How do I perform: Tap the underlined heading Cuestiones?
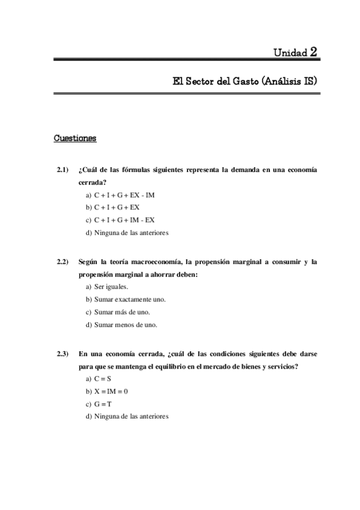coord(75,139)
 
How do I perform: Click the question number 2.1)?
coord(63,171)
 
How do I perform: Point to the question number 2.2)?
coord(63,262)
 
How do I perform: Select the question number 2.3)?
coord(63,353)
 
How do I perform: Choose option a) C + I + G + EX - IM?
coord(120,195)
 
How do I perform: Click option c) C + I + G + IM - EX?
coord(120,220)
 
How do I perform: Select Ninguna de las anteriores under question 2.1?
coord(127,233)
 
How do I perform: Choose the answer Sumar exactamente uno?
coord(125,300)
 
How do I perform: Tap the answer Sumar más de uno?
coord(117,312)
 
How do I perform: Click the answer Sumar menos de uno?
coord(121,324)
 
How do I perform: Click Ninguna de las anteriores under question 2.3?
coord(127,416)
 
